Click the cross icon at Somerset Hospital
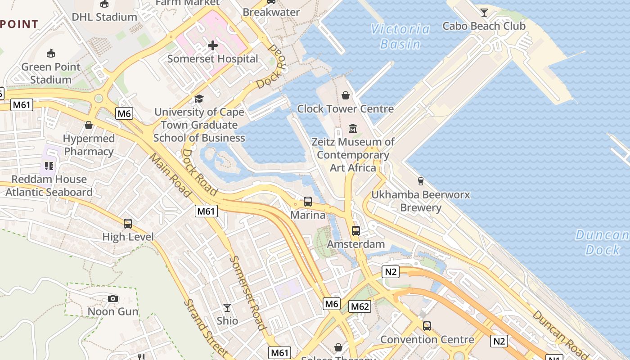213,45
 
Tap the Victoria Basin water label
400,36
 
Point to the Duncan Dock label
602,242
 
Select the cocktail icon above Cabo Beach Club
484,13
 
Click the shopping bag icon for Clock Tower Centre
345,95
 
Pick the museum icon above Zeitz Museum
352,129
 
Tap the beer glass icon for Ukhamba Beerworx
420,181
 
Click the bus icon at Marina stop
308,202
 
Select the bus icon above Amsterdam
355,231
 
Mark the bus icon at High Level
128,224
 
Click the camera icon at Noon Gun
113,298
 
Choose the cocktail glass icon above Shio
227,308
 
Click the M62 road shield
360,307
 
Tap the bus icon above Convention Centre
427,326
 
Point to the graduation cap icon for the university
199,99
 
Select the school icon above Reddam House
49,166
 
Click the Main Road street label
171,175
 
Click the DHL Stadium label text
104,17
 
